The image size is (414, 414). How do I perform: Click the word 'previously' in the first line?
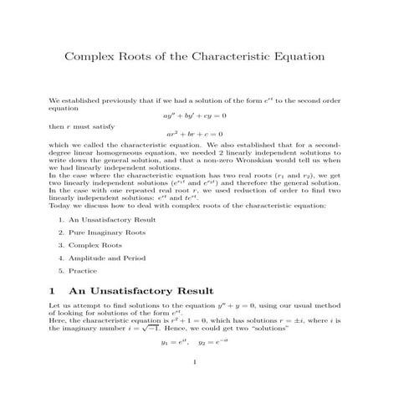click(113, 99)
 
